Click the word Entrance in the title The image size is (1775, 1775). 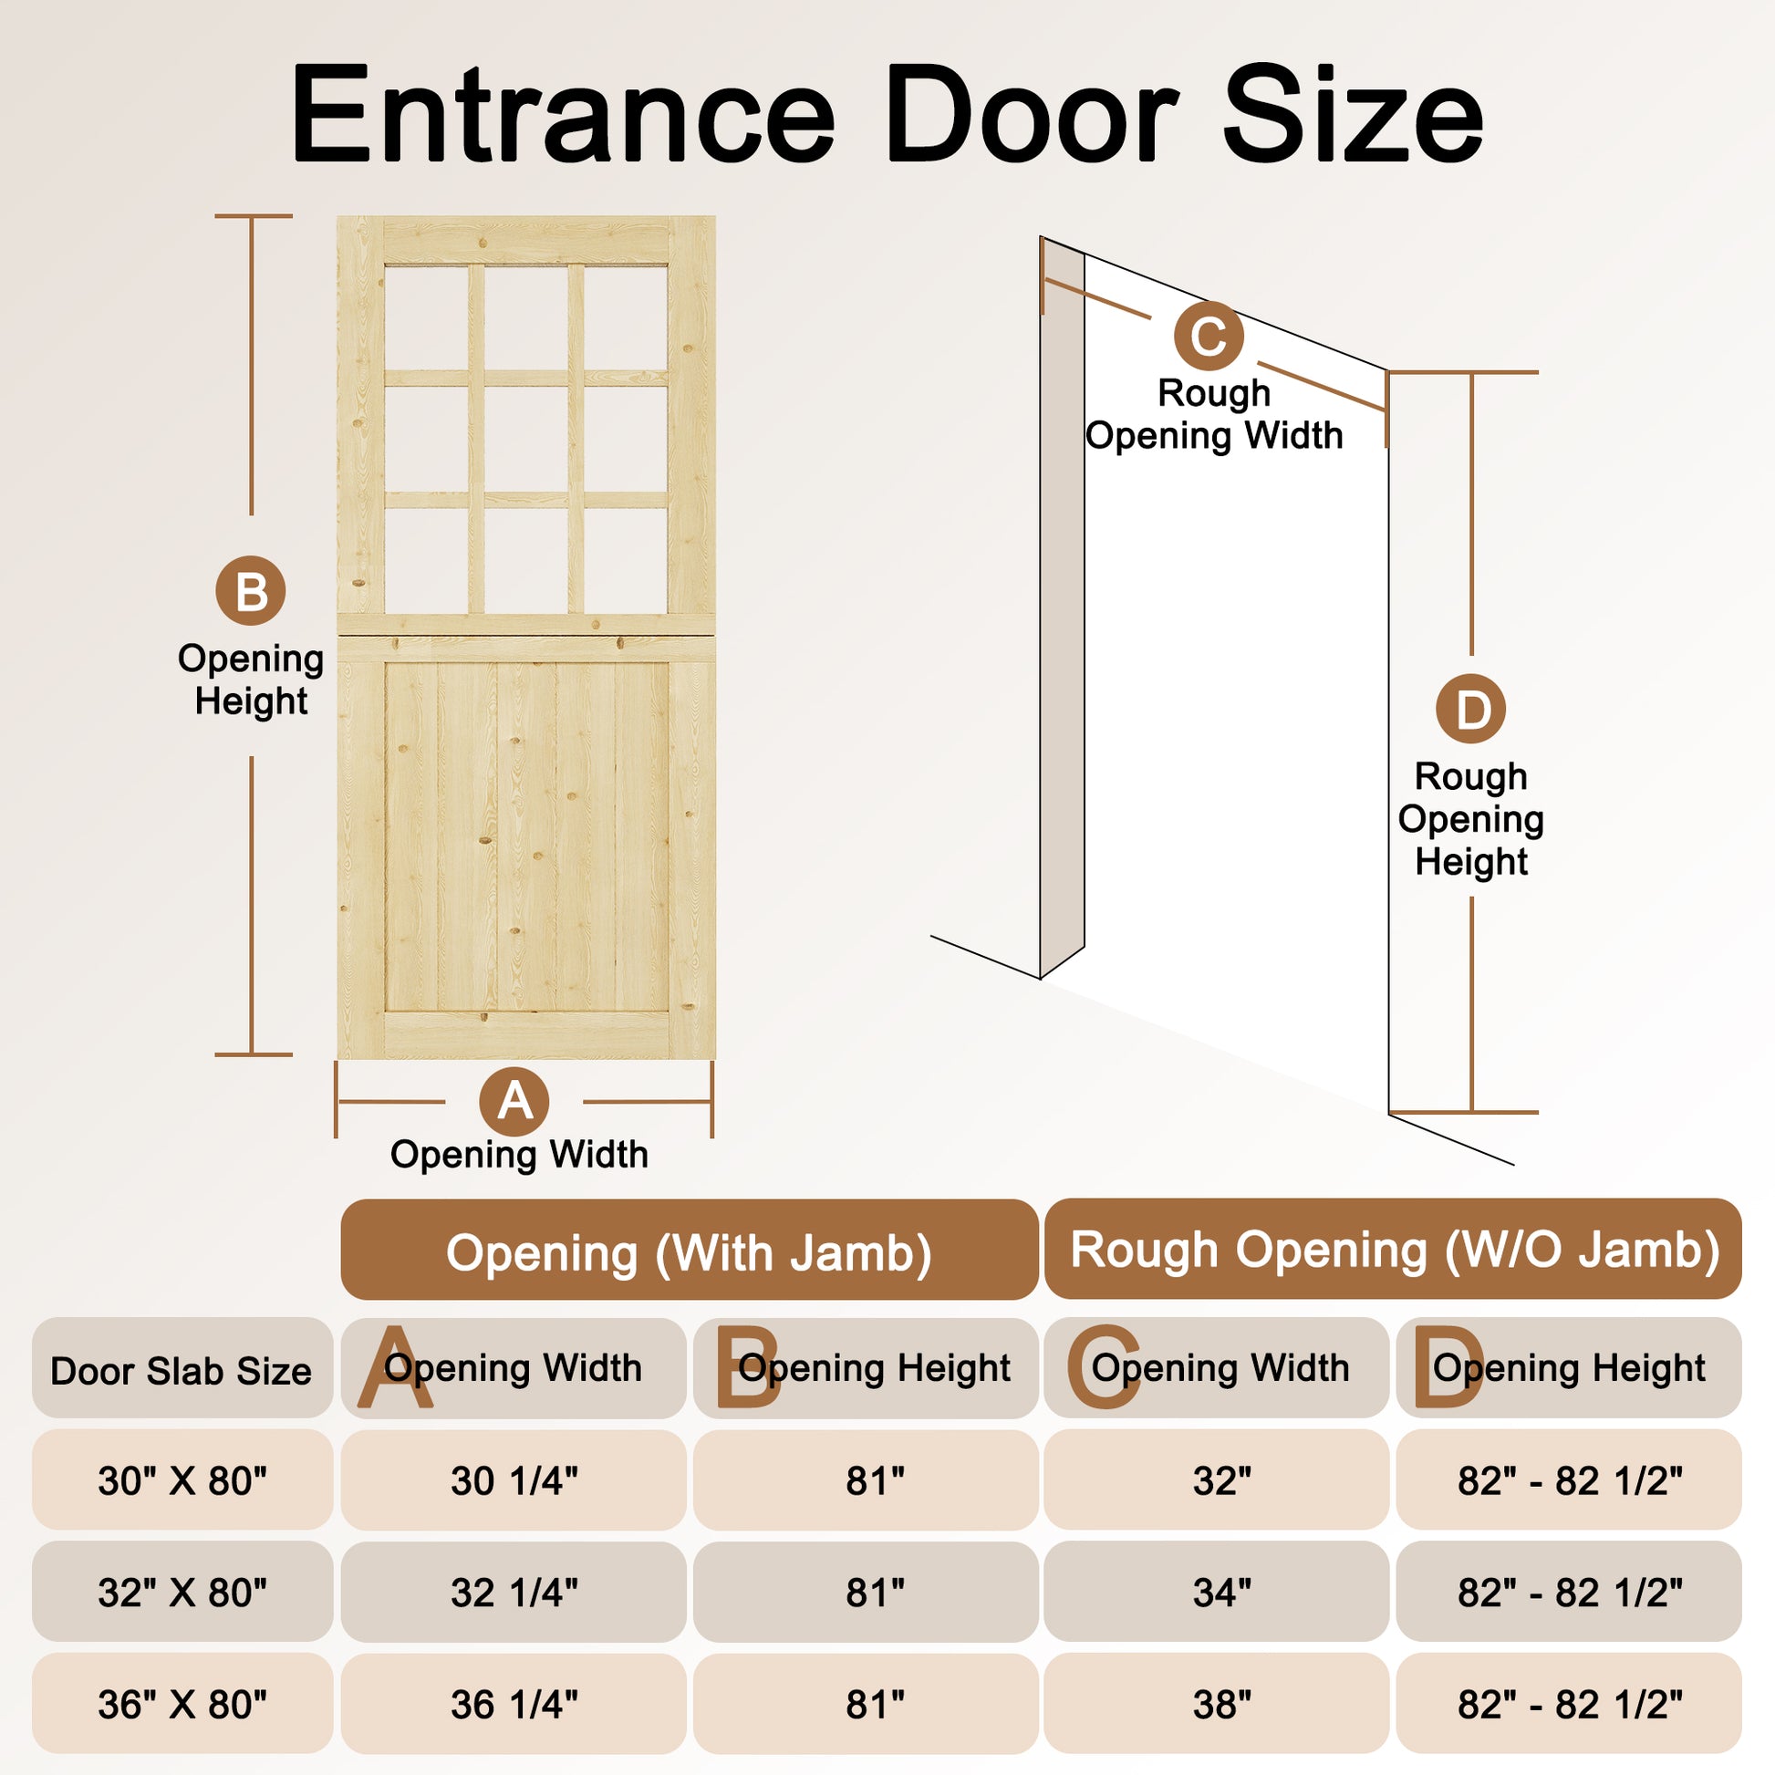[562, 115]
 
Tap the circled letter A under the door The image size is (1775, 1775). [514, 1101]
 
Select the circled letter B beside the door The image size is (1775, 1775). [251, 591]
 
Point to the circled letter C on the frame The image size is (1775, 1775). [1209, 336]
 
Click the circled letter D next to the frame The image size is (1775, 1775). [1471, 709]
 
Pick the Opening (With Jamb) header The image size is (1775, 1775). [689, 1250]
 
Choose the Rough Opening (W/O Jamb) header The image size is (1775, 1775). [1393, 1249]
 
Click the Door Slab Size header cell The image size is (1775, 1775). [182, 1367]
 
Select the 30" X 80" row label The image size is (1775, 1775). [182, 1480]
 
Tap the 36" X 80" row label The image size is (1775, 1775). [182, 1704]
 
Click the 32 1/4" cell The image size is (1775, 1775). [514, 1593]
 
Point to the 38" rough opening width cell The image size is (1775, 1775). [1217, 1704]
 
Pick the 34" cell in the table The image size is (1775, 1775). [1217, 1593]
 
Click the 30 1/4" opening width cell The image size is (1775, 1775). [514, 1480]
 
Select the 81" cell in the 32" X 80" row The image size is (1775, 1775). [866, 1593]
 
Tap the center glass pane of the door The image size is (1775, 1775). [525, 439]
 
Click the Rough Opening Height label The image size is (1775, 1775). [1471, 818]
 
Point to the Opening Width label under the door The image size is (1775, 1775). [519, 1154]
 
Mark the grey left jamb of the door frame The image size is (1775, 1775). [1062, 607]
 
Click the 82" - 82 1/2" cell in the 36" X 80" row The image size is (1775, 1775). [1569, 1704]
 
